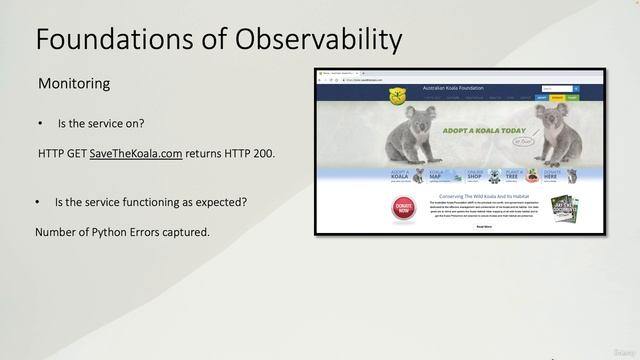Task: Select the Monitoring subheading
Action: coord(74,84)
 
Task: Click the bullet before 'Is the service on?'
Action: coord(40,123)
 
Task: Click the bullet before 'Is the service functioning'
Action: coord(38,202)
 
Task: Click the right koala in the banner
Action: coord(552,136)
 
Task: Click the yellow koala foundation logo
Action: coord(397,96)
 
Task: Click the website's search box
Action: coord(551,89)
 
